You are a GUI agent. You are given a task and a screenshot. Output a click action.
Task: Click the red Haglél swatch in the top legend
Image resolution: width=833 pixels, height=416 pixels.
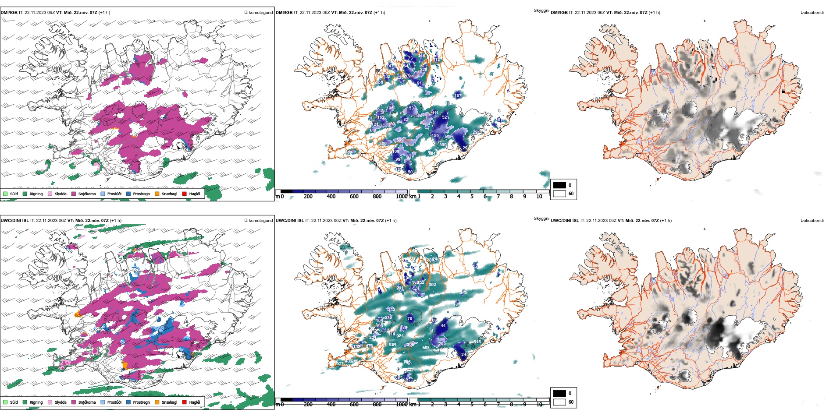tap(184, 194)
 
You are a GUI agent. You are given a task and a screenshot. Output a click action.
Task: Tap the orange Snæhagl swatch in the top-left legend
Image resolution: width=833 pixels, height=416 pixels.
tap(157, 194)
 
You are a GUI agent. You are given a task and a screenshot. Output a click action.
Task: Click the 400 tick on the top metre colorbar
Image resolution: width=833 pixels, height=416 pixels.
tap(331, 197)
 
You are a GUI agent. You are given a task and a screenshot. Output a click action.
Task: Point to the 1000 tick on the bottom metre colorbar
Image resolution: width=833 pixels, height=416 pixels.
tap(402, 405)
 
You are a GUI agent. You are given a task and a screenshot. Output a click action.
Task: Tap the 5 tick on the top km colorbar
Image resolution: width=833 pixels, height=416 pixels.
tap(472, 197)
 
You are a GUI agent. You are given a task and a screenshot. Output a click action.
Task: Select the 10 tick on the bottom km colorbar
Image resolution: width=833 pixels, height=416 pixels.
tap(539, 405)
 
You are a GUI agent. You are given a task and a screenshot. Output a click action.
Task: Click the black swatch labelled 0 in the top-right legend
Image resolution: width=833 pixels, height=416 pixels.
tap(559, 185)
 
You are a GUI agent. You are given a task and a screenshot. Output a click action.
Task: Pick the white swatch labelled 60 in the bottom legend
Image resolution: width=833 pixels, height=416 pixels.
tap(559, 402)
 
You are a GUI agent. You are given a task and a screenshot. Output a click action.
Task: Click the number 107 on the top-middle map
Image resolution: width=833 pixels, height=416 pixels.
tap(458, 95)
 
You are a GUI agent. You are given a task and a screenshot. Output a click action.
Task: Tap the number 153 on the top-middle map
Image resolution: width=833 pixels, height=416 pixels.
tap(410, 108)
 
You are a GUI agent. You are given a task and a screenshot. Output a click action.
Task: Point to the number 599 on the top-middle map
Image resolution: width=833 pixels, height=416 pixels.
tap(400, 140)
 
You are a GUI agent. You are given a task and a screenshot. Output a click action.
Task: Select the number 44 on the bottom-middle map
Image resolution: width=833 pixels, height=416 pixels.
tap(443, 325)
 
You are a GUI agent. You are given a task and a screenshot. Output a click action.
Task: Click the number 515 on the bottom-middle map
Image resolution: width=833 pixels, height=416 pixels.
tap(477, 342)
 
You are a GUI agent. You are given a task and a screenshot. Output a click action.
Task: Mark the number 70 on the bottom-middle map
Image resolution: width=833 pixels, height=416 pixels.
tap(409, 319)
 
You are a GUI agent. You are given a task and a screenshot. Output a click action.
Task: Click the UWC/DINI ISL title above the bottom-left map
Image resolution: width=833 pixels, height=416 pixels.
tap(14, 221)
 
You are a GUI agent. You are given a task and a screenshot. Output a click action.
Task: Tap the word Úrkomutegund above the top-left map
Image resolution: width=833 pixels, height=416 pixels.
tap(258, 13)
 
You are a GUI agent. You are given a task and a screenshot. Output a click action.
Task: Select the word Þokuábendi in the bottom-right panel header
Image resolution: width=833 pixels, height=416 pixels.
tap(812, 221)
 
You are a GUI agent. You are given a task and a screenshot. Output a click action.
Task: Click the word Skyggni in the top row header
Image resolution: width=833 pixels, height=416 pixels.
tap(541, 11)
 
